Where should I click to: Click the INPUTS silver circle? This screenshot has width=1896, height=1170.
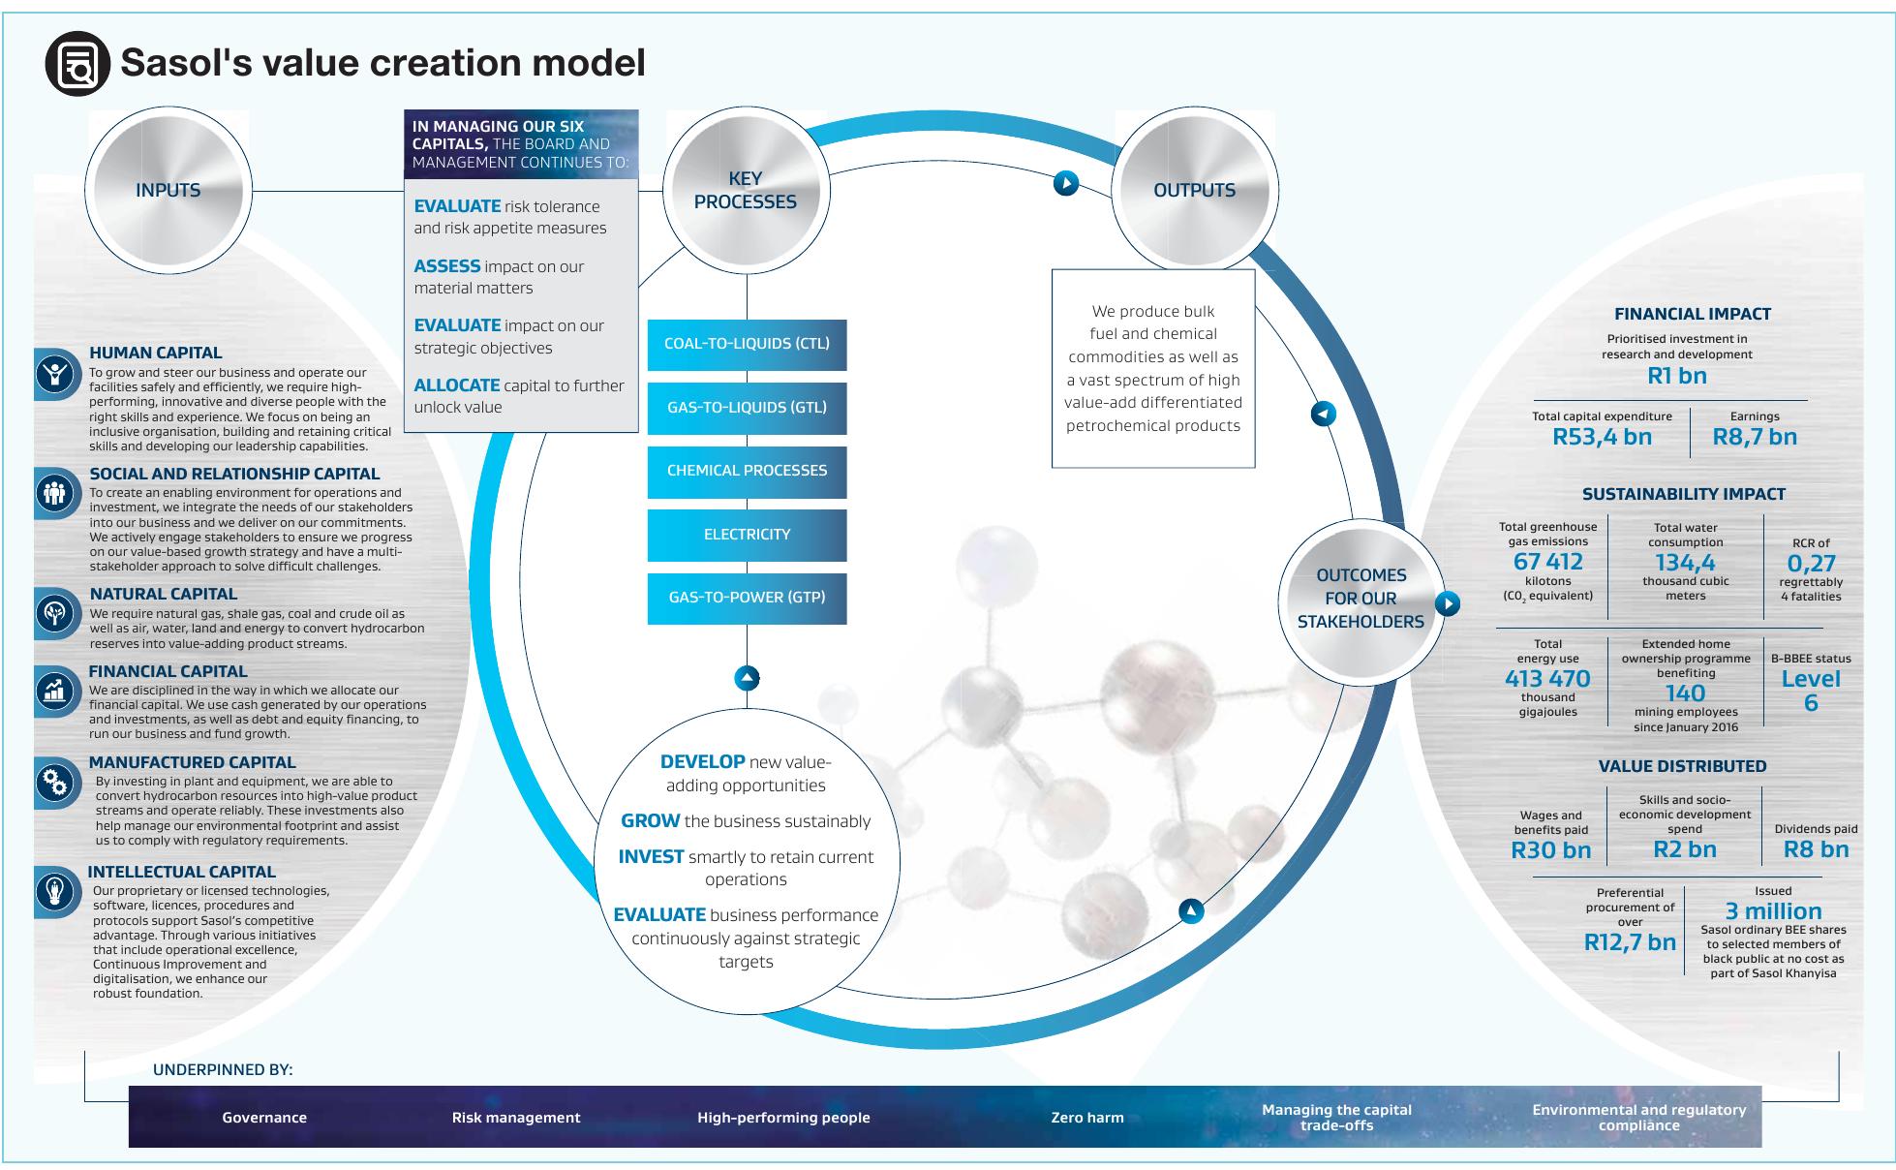(168, 190)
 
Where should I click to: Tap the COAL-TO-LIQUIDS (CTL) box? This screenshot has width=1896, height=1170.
(747, 344)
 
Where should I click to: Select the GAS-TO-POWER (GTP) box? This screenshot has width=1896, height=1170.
(747, 598)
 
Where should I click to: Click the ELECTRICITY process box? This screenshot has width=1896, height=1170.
(747, 535)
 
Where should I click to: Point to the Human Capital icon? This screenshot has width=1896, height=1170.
(55, 374)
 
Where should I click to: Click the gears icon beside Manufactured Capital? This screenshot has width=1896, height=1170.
(55, 783)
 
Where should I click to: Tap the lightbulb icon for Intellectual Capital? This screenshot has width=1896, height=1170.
(55, 890)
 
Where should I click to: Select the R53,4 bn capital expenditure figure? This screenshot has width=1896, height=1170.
(1602, 437)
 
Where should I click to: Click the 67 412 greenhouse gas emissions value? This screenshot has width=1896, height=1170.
(1547, 562)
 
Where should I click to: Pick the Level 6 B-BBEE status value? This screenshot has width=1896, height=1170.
(1811, 691)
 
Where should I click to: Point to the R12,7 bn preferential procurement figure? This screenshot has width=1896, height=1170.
(1630, 942)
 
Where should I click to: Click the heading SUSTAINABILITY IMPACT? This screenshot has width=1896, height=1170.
(1683, 494)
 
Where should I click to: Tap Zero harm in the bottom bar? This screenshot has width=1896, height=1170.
(1087, 1118)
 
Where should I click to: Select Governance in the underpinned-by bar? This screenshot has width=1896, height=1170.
(264, 1118)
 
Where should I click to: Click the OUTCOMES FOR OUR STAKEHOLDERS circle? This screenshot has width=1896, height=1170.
(1361, 599)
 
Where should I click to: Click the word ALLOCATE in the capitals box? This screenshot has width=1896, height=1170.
(457, 385)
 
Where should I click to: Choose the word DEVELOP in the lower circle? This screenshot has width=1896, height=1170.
(702, 762)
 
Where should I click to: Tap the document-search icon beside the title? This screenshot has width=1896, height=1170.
(77, 64)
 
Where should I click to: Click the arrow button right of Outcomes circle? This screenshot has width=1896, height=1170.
(1447, 604)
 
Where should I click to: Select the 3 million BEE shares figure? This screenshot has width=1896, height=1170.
(1773, 911)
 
